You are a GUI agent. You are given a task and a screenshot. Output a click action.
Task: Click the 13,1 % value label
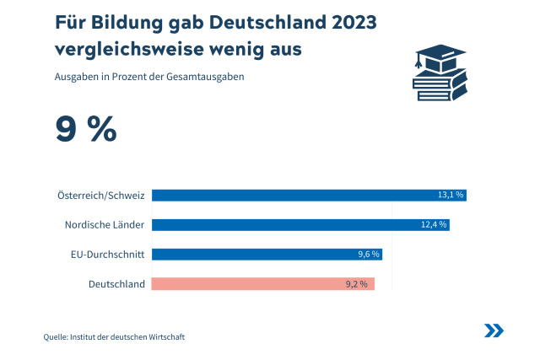pyautogui.click(x=451, y=195)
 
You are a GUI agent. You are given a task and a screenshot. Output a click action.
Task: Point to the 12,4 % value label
pyautogui.click(x=434, y=224)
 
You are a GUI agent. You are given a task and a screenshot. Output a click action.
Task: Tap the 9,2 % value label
pyautogui.click(x=357, y=284)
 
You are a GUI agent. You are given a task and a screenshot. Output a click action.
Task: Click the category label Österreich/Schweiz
pyautogui.click(x=101, y=196)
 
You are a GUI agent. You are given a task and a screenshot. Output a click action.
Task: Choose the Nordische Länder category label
pyautogui.click(x=105, y=225)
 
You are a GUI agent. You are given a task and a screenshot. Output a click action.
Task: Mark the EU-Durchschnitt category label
pyautogui.click(x=108, y=255)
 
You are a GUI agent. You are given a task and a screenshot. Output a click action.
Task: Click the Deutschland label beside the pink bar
pyautogui.click(x=116, y=284)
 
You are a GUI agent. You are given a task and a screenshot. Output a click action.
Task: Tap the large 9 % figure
pyautogui.click(x=85, y=129)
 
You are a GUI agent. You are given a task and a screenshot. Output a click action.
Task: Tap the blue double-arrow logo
pyautogui.click(x=494, y=330)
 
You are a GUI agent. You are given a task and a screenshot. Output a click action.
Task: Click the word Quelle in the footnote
pyautogui.click(x=57, y=337)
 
